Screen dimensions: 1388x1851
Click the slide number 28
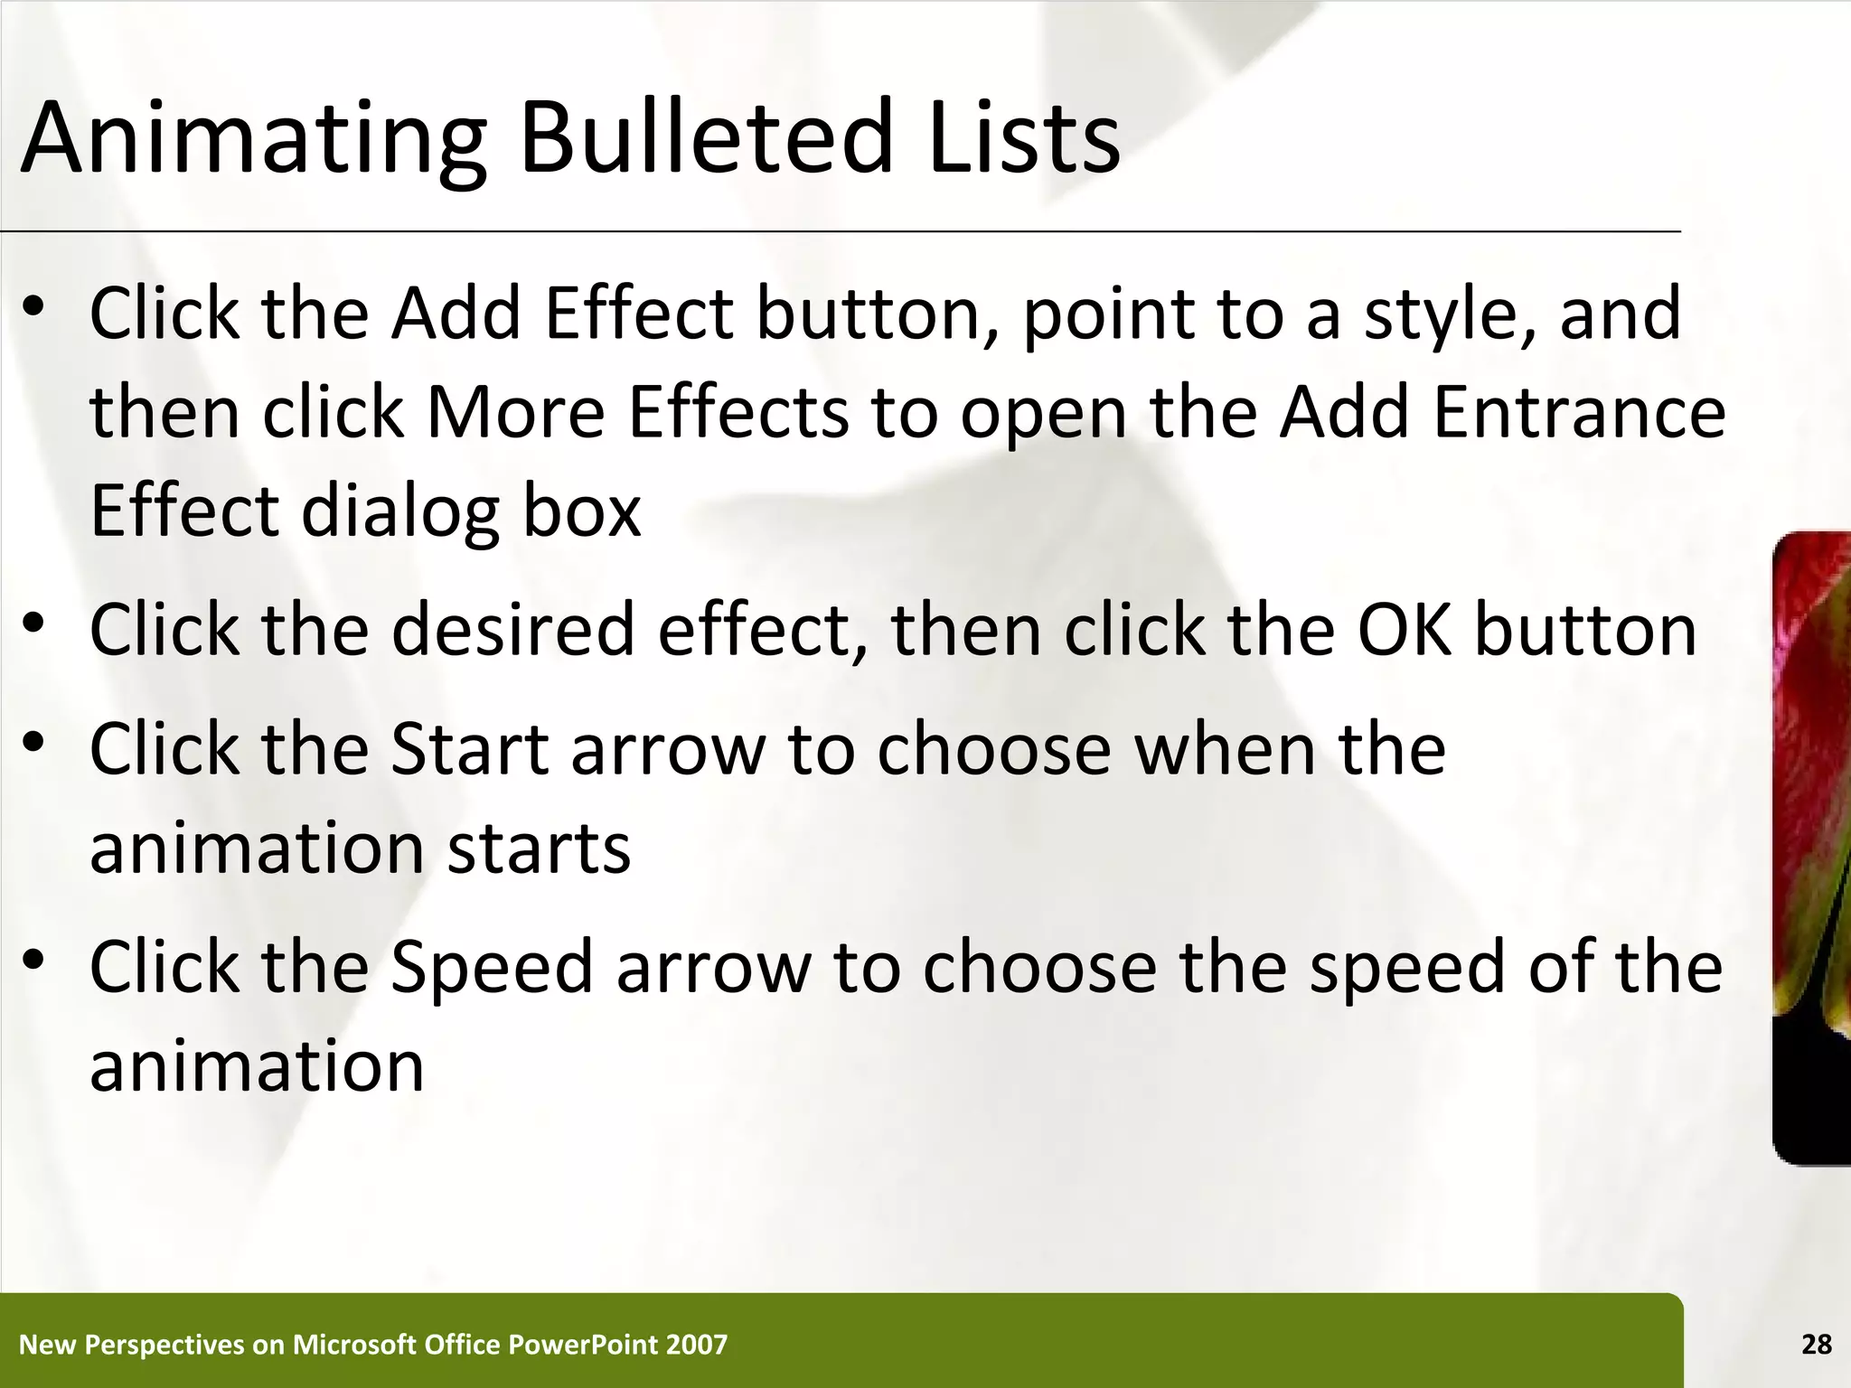[x=1816, y=1345]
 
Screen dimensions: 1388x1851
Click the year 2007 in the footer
[x=696, y=1345]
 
